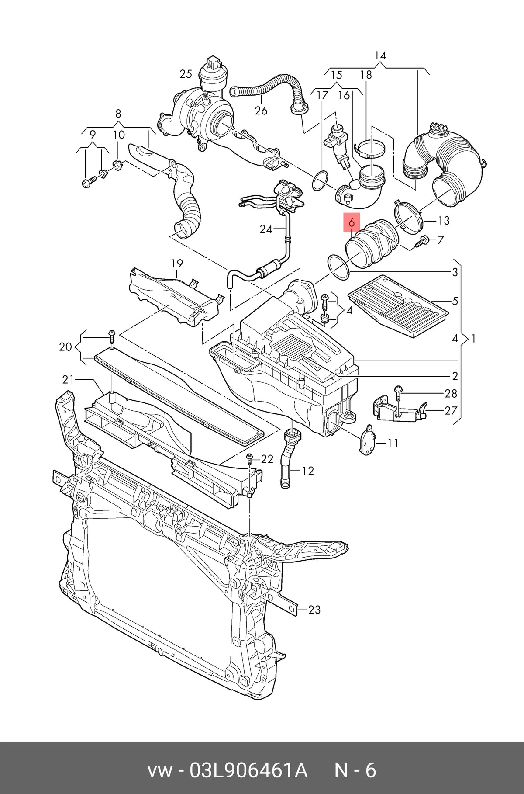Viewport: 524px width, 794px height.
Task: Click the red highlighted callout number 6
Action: [x=352, y=223]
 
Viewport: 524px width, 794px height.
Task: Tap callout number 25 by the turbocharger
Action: [x=186, y=74]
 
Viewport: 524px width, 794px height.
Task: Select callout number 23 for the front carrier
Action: [x=314, y=609]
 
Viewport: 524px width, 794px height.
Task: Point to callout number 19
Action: [x=177, y=263]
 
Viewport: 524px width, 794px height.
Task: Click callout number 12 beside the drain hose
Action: [x=308, y=471]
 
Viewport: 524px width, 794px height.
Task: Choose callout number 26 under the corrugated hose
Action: [x=261, y=111]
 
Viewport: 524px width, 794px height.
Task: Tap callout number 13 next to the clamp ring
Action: [x=444, y=221]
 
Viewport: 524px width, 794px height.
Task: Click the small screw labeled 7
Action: [x=421, y=242]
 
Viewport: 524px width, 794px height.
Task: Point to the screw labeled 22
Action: [x=250, y=458]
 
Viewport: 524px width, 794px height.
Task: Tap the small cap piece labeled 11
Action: [x=367, y=440]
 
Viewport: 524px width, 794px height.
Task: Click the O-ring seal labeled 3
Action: [x=338, y=268]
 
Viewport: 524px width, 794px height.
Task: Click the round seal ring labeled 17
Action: [x=321, y=181]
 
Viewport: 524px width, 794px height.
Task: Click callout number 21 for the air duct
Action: [x=68, y=379]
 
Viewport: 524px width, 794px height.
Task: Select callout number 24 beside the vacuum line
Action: [x=266, y=229]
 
